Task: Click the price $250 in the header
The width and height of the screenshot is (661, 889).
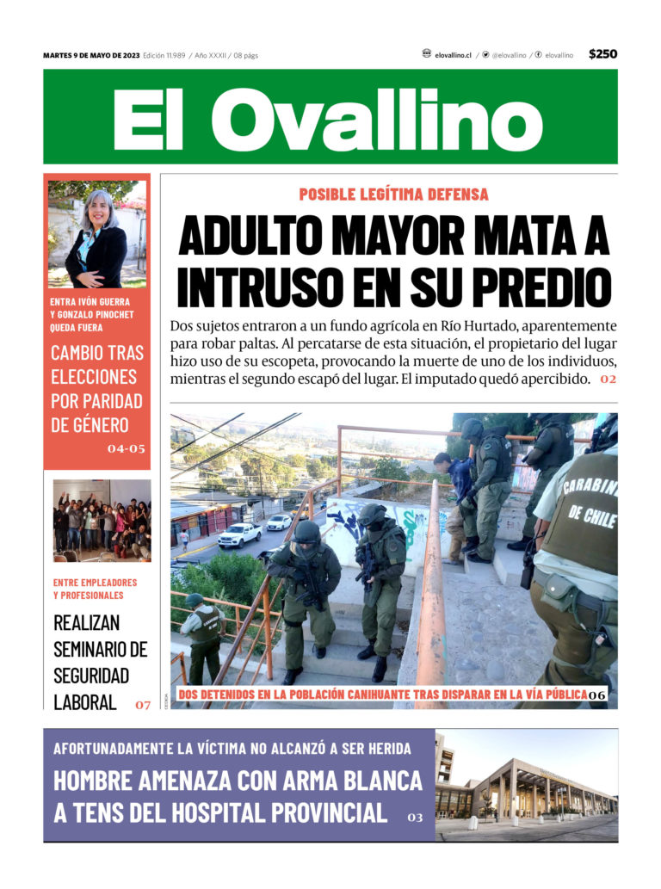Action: [x=602, y=54]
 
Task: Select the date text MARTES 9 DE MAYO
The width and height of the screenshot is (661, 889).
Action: [x=91, y=55]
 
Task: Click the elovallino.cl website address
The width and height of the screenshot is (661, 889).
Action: [x=453, y=55]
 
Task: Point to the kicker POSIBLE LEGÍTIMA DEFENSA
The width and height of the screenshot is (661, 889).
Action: [x=393, y=194]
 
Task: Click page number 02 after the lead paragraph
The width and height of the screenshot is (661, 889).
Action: [x=608, y=380]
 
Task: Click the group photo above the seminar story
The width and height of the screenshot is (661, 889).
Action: [x=102, y=520]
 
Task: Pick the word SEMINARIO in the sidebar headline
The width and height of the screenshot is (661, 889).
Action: [x=100, y=648]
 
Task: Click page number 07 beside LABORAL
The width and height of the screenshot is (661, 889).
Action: [x=143, y=705]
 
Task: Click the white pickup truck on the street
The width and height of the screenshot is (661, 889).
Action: [x=239, y=534]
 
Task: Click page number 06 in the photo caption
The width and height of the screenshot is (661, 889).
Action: [x=597, y=695]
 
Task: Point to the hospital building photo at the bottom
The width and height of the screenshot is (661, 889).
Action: [x=527, y=786]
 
